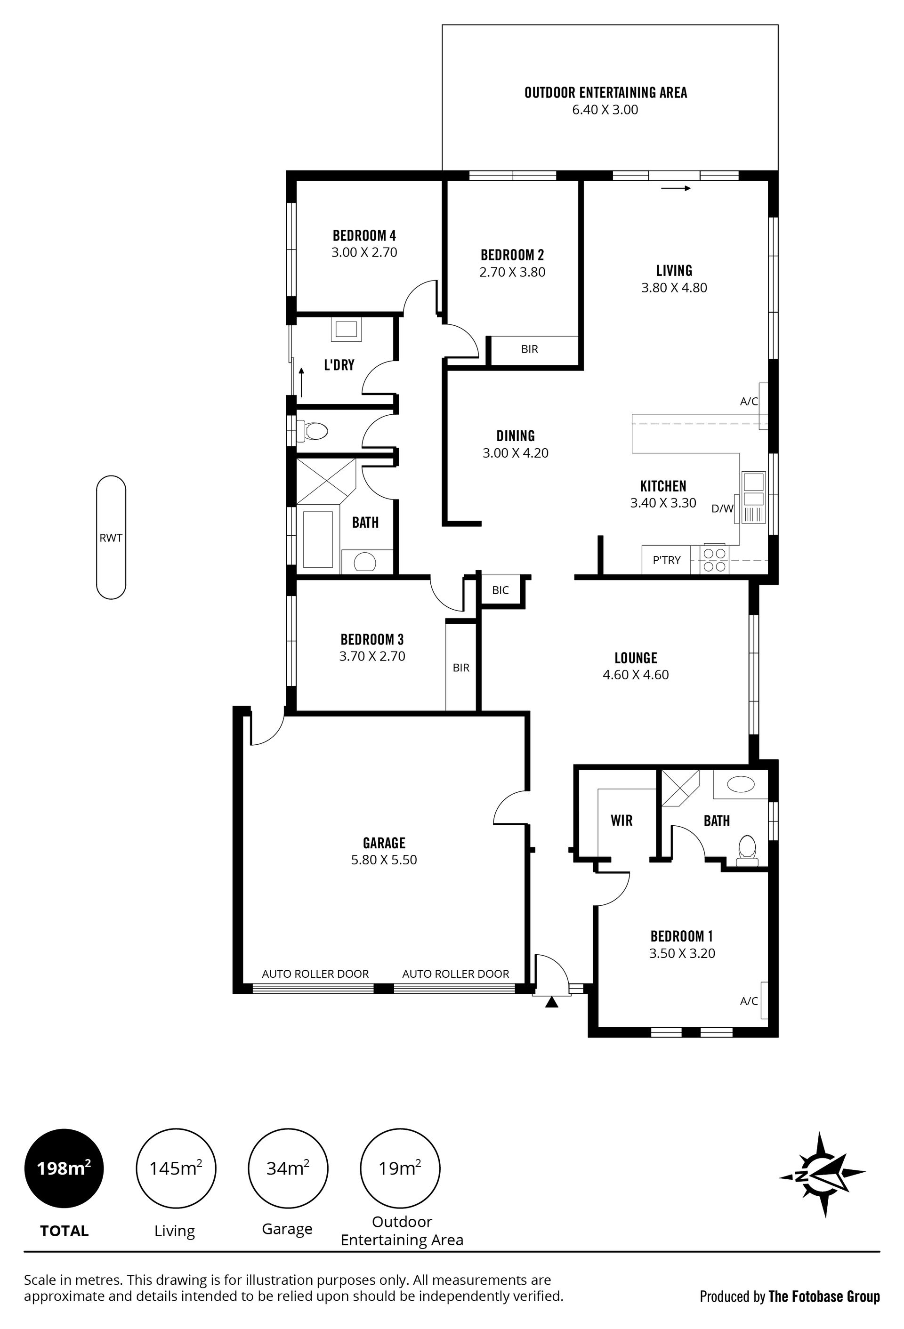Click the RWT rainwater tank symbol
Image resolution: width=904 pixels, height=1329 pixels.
pyautogui.click(x=111, y=537)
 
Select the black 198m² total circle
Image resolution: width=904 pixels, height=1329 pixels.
pyautogui.click(x=64, y=1168)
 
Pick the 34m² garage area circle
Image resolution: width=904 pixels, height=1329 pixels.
pyautogui.click(x=288, y=1168)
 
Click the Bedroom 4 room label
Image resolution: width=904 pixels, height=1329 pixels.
pyautogui.click(x=364, y=235)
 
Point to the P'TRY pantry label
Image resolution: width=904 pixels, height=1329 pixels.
pyautogui.click(x=667, y=560)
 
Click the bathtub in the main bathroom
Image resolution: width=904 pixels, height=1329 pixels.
pyautogui.click(x=318, y=539)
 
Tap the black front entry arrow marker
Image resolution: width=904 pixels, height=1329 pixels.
pyautogui.click(x=551, y=1002)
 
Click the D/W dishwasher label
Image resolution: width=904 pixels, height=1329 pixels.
pyautogui.click(x=722, y=508)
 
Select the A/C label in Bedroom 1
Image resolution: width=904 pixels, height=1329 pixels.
pyautogui.click(x=749, y=1001)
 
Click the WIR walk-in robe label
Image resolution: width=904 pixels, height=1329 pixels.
pyautogui.click(x=621, y=821)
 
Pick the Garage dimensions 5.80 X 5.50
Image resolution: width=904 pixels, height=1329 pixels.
pyautogui.click(x=384, y=860)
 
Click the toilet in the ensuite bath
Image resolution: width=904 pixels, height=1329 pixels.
pyautogui.click(x=747, y=847)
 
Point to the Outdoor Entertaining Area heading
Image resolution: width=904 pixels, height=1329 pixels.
pyautogui.click(x=605, y=93)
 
